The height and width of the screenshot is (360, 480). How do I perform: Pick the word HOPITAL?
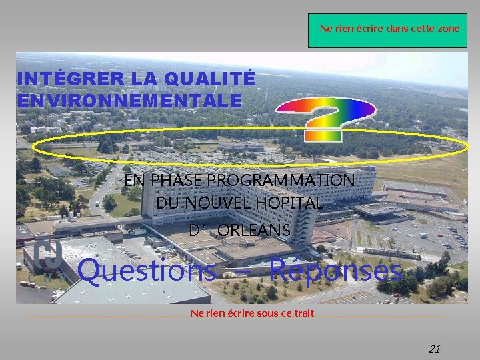(293, 203)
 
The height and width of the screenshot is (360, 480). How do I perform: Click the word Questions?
(147, 271)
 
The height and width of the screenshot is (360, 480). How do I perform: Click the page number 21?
(435, 349)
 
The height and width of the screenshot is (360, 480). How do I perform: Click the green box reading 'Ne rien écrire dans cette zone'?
(387, 30)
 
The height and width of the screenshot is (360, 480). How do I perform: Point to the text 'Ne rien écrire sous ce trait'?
(252, 313)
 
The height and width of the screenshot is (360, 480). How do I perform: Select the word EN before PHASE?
(134, 181)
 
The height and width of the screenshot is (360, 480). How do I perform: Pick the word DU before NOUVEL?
(168, 203)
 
